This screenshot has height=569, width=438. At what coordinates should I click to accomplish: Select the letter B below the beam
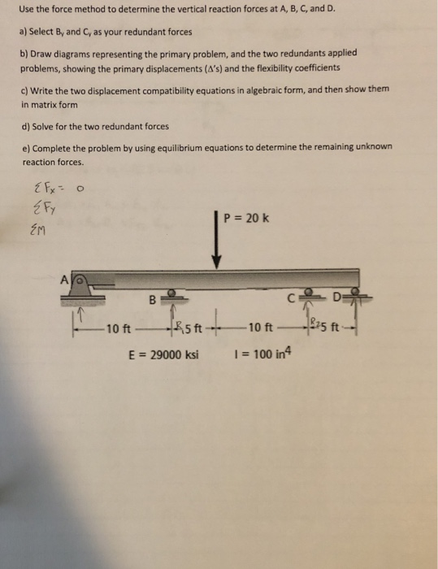(x=151, y=299)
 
